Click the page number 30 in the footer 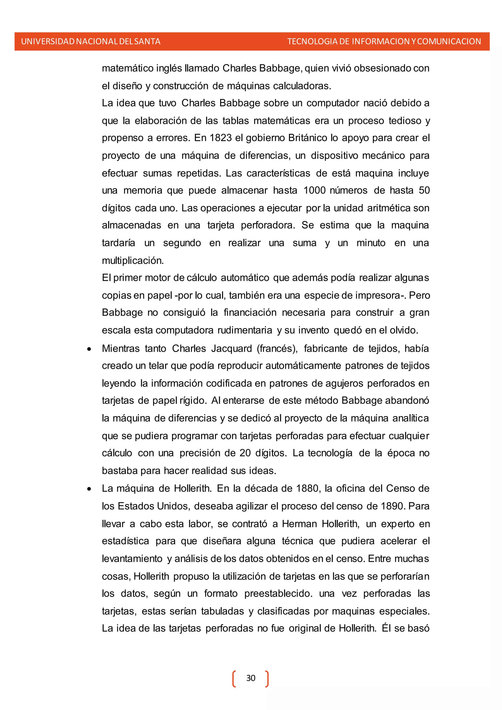[251, 678]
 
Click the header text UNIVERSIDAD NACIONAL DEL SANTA [90, 41]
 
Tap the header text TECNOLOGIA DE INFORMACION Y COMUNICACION [384, 41]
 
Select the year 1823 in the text [220, 138]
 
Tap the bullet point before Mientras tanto [89, 349]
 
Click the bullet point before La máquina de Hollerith [89, 489]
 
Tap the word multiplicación [133, 261]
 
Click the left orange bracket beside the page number [234, 678]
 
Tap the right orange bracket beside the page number [267, 678]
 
